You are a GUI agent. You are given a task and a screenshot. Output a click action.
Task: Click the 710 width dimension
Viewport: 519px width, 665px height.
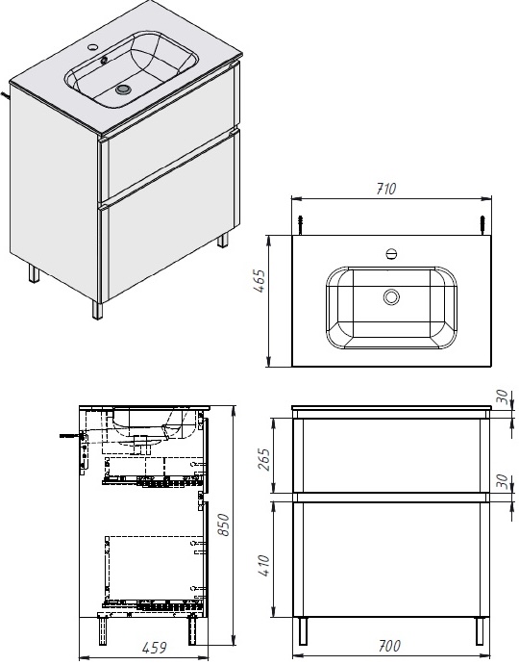click(386, 190)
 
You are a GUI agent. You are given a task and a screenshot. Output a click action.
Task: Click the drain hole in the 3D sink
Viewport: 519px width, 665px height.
click(122, 90)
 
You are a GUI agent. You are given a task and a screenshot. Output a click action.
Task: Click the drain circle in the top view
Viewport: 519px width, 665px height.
click(391, 297)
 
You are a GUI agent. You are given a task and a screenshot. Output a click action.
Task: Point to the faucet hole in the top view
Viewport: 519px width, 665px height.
click(391, 254)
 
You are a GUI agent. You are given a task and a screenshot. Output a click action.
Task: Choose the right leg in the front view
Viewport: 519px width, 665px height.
click(477, 630)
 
